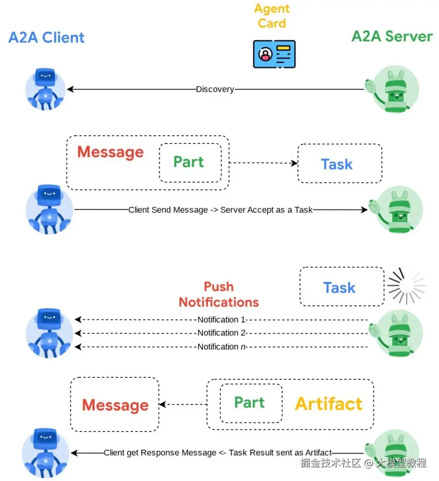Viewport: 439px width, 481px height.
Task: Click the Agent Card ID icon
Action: [x=274, y=54]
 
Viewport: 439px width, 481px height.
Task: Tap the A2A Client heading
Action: [x=46, y=37]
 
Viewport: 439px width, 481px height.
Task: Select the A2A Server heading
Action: [x=392, y=36]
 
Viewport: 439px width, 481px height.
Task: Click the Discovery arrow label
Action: [x=215, y=89]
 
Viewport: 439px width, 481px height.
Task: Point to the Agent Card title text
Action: [x=272, y=16]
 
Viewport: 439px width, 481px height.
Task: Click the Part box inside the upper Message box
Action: [x=190, y=162]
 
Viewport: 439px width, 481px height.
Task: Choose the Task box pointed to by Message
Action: [x=339, y=163]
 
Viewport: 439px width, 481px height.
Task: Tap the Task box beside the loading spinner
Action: [x=341, y=287]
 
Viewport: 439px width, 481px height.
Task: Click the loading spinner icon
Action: [x=406, y=286]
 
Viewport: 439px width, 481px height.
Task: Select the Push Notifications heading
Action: [x=219, y=294]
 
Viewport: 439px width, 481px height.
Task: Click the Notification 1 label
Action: [x=222, y=320]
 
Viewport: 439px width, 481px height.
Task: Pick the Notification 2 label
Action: [x=222, y=333]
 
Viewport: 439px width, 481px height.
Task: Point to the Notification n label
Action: [x=222, y=347]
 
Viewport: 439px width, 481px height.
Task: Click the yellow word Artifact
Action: [x=328, y=404]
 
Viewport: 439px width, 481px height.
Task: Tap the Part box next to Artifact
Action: [x=251, y=403]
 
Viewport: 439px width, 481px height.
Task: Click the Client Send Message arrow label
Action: [x=220, y=210]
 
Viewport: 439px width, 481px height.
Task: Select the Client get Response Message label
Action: [x=217, y=453]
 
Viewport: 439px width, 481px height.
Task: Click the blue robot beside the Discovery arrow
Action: [x=45, y=89]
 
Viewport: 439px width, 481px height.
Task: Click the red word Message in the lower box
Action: [x=115, y=405]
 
